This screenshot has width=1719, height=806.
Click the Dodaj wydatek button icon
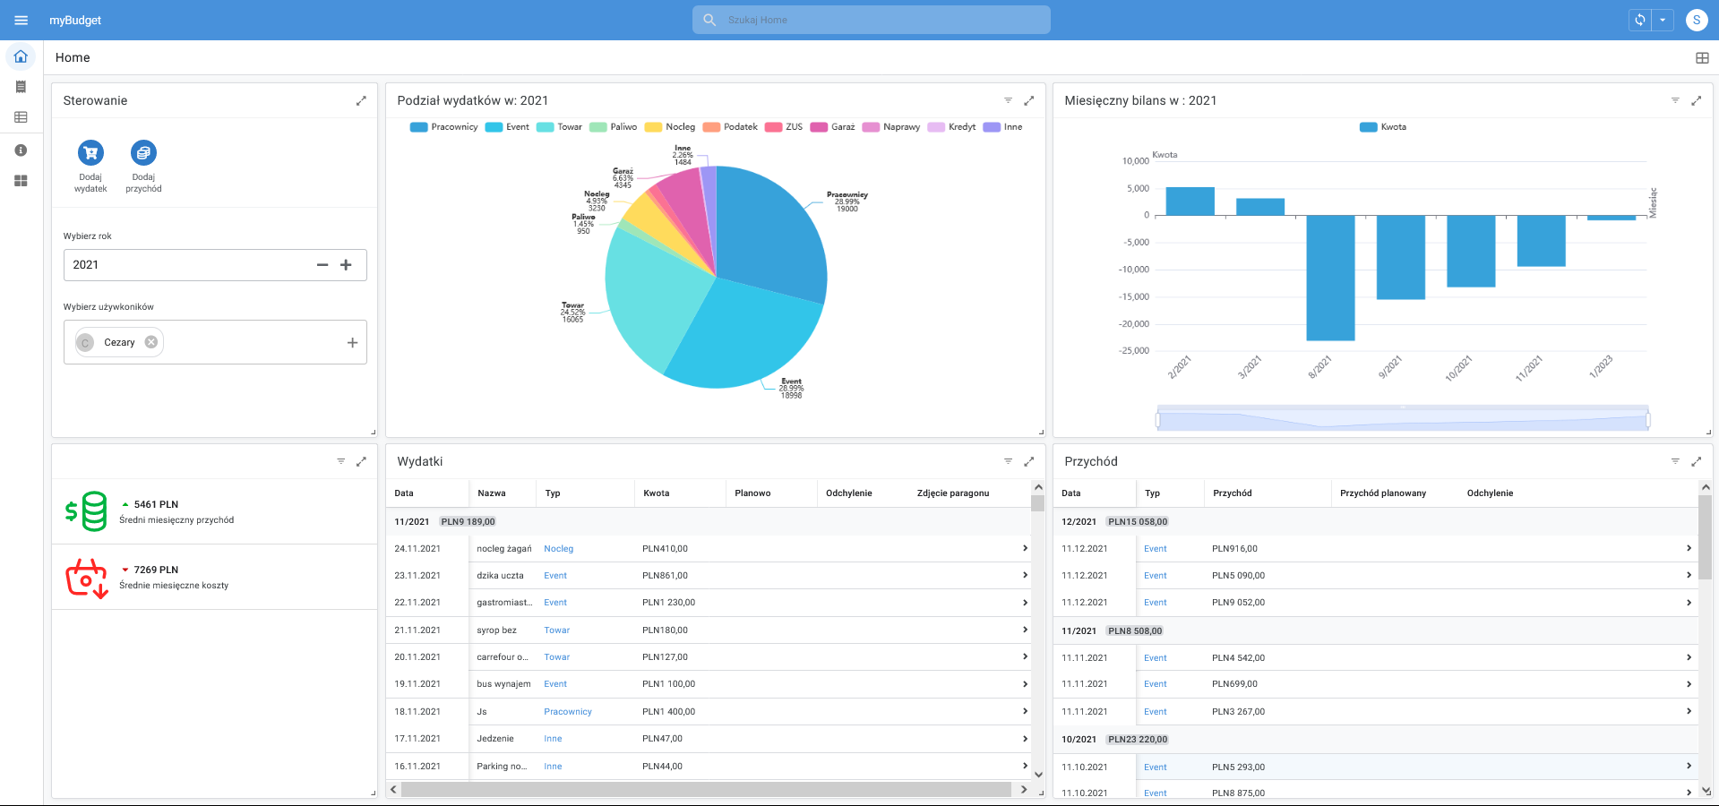[90, 153]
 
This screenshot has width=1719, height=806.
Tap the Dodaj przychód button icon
[143, 153]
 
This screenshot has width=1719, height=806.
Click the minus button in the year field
[322, 265]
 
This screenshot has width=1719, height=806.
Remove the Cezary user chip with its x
[151, 342]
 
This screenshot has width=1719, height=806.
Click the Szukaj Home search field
[871, 20]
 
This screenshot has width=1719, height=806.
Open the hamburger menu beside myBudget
[21, 20]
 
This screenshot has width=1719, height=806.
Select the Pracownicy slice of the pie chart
[770, 233]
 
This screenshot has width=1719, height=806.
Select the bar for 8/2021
[1330, 278]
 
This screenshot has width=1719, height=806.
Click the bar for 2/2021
[1190, 201]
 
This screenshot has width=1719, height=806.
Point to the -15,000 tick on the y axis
[1135, 296]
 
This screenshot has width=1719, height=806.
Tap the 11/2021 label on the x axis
[1528, 368]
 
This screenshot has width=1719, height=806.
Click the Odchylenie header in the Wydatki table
[848, 493]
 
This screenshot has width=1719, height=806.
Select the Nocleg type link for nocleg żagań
[558, 549]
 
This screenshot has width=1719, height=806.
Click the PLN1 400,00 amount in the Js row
[668, 712]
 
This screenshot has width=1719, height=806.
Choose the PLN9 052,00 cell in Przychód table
[1238, 603]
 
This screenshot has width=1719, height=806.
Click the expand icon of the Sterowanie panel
[361, 101]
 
